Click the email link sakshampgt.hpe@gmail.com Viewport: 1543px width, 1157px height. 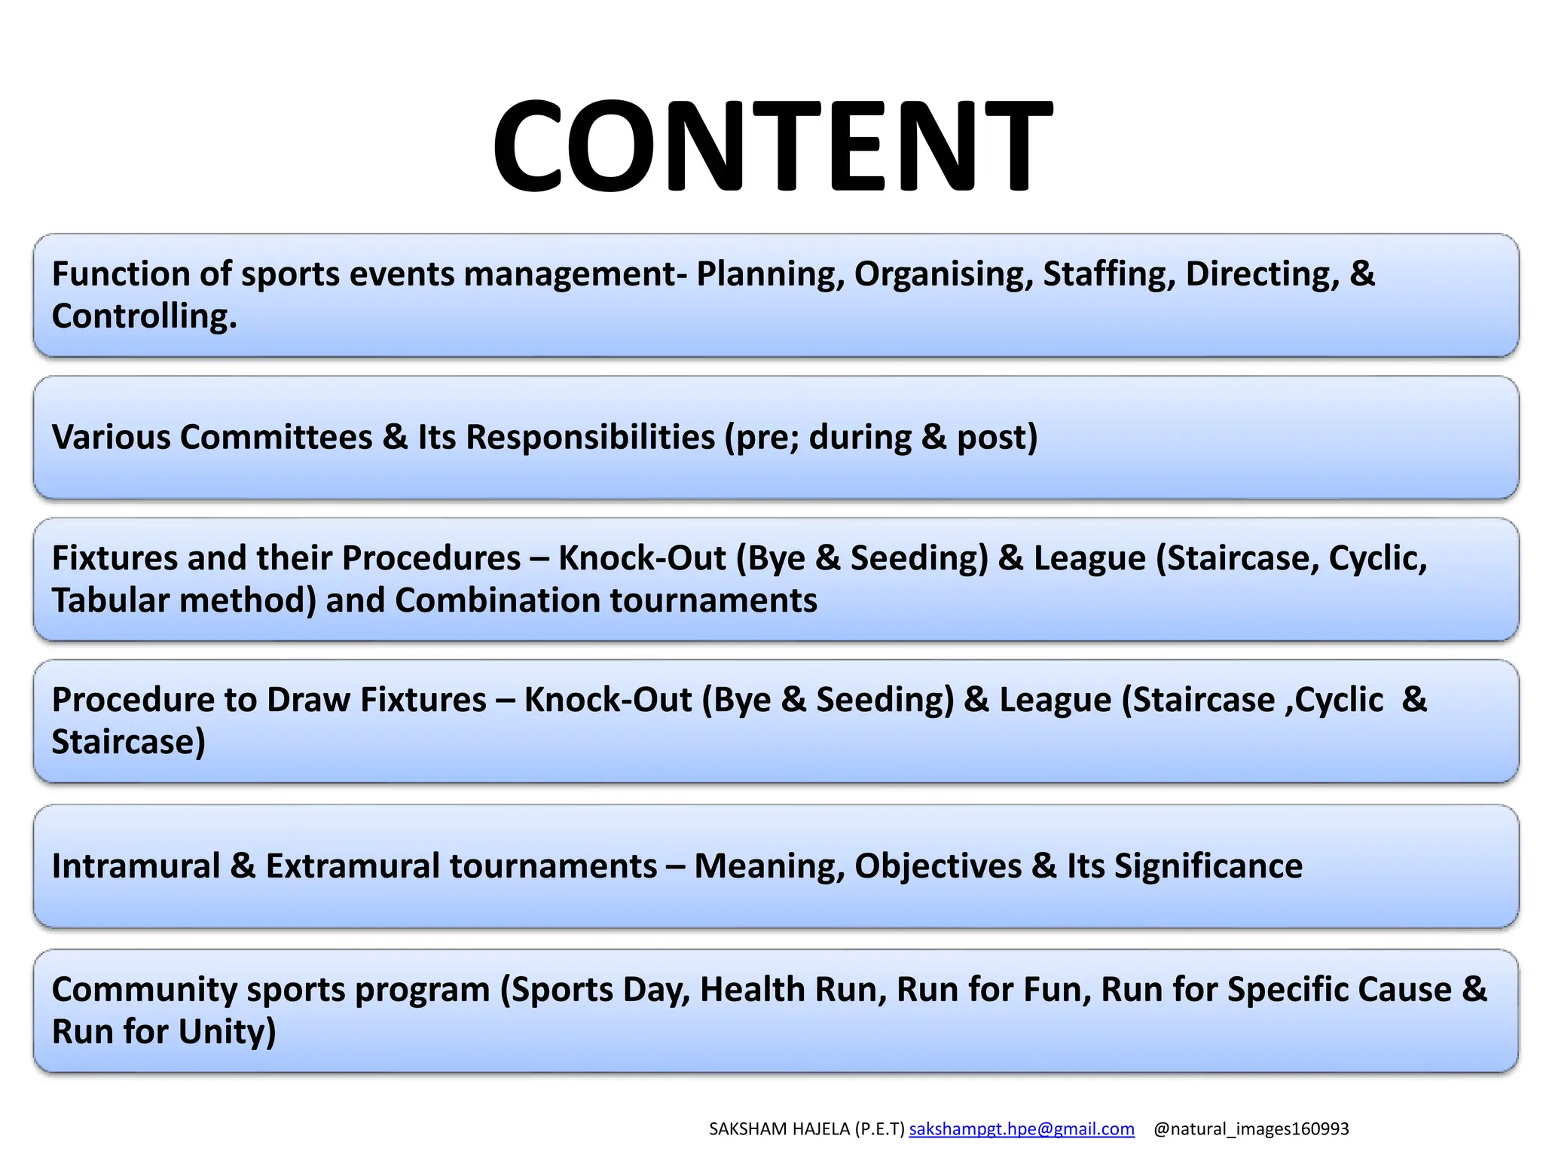(x=1022, y=1128)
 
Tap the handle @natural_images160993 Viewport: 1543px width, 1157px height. (x=1251, y=1128)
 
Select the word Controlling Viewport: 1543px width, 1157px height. (x=143, y=316)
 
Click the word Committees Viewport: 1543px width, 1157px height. (x=276, y=437)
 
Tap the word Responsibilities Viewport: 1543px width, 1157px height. (x=590, y=437)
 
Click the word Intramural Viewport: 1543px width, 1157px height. (x=136, y=866)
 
